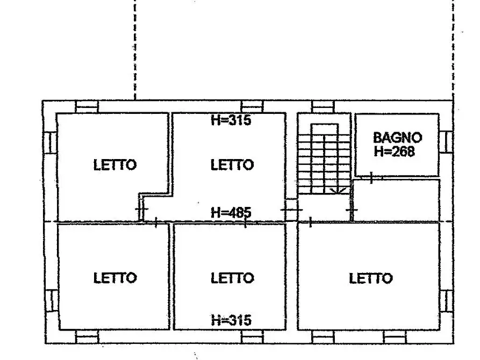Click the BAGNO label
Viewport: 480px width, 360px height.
[x=397, y=138]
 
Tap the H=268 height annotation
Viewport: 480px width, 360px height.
[x=394, y=152]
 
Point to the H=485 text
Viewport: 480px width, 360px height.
[x=231, y=212]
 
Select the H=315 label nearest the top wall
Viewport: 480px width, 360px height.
[x=231, y=120]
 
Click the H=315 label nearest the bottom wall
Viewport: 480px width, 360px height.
[x=231, y=321]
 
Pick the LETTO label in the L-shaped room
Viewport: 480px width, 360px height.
[x=115, y=165]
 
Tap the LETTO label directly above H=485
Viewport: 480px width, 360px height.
[x=232, y=165]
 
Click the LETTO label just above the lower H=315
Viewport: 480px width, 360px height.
[x=232, y=278]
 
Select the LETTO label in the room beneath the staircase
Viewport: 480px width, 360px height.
[x=370, y=278]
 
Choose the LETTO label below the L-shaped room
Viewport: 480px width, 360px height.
[x=115, y=278]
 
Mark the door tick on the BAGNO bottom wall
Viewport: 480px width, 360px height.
[x=371, y=176]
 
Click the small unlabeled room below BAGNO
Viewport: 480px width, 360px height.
[x=396, y=199]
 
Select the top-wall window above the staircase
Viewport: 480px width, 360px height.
[x=323, y=106]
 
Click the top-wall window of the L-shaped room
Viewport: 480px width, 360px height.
[x=87, y=106]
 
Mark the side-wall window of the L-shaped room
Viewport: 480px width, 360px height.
[x=49, y=142]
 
